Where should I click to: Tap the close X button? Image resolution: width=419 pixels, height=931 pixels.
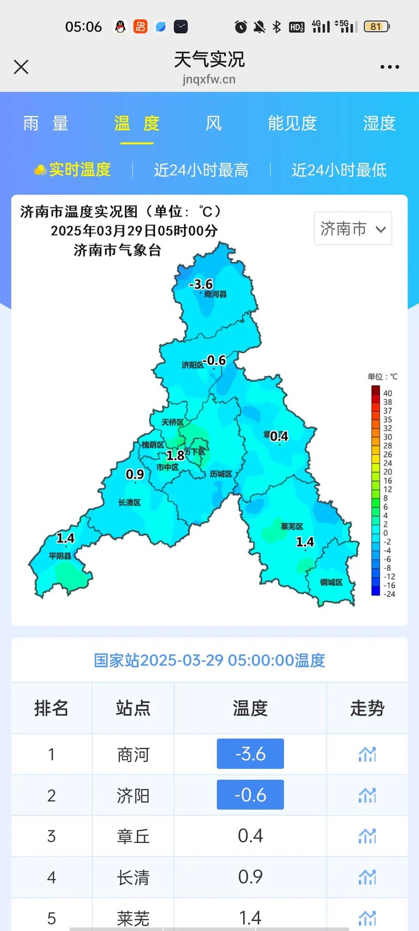pos(21,67)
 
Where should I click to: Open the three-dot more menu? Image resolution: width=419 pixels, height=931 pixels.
pos(390,67)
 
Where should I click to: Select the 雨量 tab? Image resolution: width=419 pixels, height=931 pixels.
pos(46,124)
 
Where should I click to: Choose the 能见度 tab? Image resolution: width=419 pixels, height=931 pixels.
pos(292,124)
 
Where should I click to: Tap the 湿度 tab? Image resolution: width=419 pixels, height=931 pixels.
pos(379,124)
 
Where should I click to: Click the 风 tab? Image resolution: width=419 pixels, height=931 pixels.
pos(213,124)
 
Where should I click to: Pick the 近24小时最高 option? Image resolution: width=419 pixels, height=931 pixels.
pos(201,170)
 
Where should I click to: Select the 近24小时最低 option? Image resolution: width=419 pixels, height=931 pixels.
pos(339,170)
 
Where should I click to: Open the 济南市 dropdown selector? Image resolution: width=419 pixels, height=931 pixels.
pos(353,228)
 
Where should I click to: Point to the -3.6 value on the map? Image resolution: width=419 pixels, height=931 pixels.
pos(201,284)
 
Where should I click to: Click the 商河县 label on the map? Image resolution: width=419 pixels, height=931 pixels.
pos(215,294)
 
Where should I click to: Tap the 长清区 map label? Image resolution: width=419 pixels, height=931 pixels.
pos(129,503)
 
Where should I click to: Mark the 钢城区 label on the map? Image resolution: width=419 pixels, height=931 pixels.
pos(331,582)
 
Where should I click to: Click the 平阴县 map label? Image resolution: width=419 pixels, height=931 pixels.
pos(60,556)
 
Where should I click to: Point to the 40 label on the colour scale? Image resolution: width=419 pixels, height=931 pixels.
pos(388,393)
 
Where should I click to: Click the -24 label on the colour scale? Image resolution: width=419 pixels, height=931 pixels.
pos(389,594)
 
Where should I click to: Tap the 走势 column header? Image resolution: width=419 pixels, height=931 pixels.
pos(367,708)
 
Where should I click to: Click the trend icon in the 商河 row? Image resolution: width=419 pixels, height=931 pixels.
pos(367,754)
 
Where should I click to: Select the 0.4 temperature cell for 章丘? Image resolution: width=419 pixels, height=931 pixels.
pos(250,836)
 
